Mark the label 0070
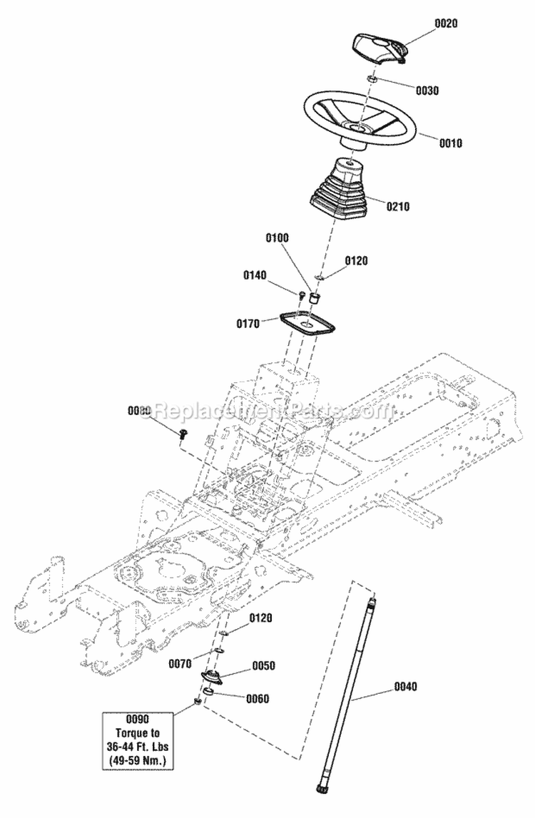click(x=181, y=663)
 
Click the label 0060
click(x=257, y=698)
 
